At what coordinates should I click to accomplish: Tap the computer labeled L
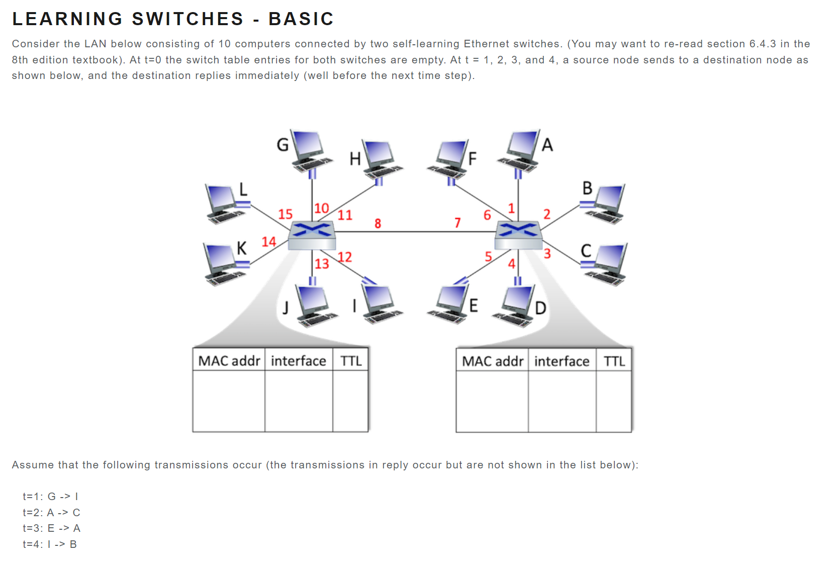point(224,203)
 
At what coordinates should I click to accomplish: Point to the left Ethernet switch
point(312,235)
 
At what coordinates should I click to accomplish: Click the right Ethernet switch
point(518,234)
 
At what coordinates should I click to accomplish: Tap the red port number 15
point(285,214)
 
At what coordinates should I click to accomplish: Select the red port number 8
point(378,223)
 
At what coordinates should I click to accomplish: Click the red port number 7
point(457,223)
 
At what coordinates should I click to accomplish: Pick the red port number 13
point(322,264)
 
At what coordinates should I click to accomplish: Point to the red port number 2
point(547,215)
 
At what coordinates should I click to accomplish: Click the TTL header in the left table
point(350,361)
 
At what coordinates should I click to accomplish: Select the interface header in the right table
point(562,361)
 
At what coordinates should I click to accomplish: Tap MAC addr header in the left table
point(229,361)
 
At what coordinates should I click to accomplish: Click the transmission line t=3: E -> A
point(52,528)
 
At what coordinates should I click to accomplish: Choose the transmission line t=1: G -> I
point(51,497)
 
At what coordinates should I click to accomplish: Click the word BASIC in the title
point(301,19)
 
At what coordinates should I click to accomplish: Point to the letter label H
point(355,159)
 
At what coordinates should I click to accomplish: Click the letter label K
point(242,248)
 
